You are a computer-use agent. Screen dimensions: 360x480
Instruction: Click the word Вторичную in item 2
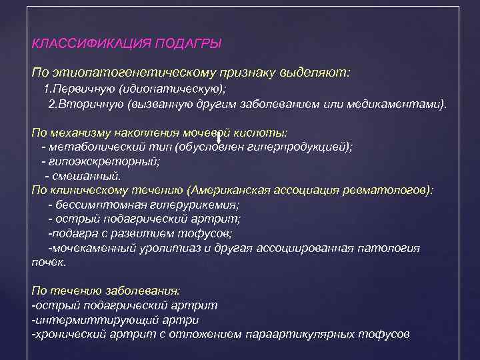coord(86,105)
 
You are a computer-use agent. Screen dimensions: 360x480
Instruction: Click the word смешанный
coord(87,176)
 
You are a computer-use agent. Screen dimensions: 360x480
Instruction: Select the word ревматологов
coord(387,190)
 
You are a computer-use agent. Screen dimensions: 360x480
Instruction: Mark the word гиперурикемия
coord(194,205)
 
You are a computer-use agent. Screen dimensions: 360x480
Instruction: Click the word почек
coord(49,262)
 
